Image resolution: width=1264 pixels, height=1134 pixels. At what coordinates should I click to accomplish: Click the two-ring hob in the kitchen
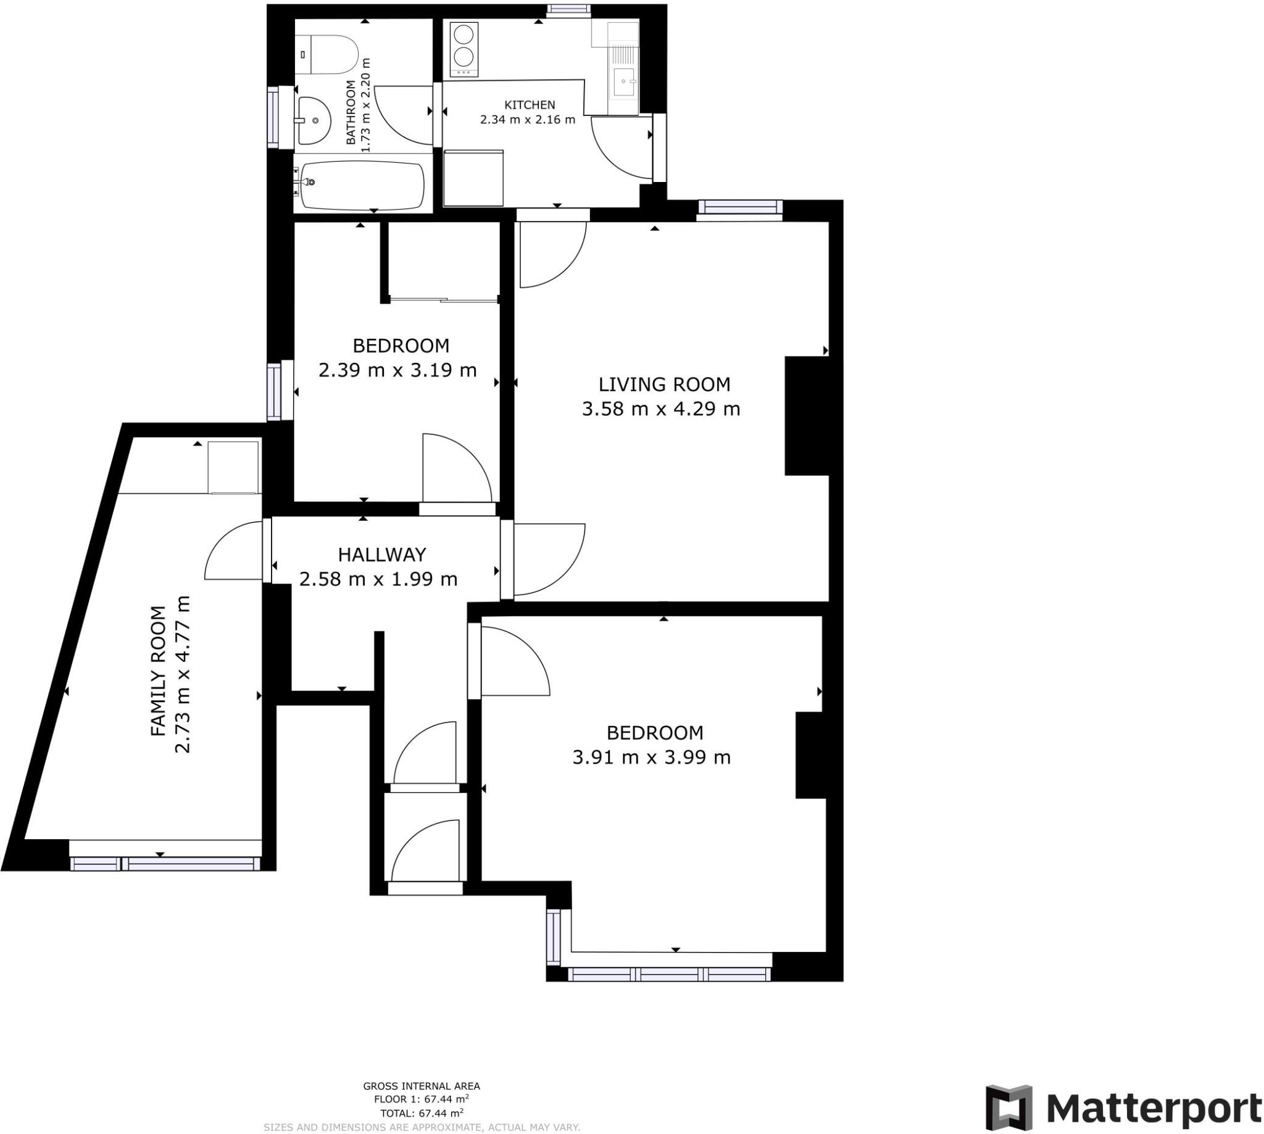(x=462, y=50)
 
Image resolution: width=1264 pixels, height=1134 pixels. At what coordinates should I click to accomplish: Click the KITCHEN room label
(x=529, y=105)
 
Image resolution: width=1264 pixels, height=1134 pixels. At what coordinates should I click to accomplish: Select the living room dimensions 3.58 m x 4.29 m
(x=660, y=409)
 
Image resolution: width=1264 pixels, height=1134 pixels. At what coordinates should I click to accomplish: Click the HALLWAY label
(x=381, y=554)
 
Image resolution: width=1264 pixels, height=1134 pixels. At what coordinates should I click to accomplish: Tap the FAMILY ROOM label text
(x=159, y=671)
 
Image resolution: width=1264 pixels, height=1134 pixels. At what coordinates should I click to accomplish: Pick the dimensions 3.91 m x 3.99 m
(x=651, y=758)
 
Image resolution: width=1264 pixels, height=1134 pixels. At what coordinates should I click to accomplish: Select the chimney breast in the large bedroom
(x=810, y=755)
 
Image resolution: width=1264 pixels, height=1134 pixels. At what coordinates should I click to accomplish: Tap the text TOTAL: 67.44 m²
(x=422, y=1113)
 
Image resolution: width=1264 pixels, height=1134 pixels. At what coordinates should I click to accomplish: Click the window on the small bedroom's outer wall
(x=274, y=391)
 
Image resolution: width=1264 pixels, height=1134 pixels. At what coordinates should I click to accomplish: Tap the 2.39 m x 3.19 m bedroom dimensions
(x=397, y=371)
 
